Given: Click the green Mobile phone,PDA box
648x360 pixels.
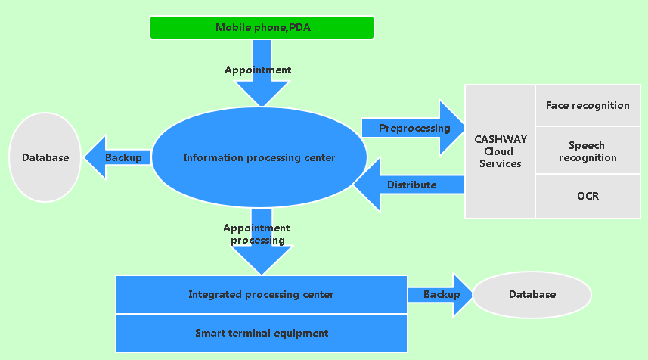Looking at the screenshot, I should pos(262,27).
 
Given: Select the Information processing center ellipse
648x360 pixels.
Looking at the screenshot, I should pos(259,158).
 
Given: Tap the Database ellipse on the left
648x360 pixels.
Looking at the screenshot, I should pos(45,157).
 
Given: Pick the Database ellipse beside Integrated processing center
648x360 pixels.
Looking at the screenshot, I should pos(532,294).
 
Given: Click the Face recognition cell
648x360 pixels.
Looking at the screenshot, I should pos(588,105).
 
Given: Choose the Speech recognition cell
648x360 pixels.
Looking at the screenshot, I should pos(588,151).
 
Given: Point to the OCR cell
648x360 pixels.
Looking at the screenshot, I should pos(588,196).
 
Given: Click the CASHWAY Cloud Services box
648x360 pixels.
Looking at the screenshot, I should pos(500,151).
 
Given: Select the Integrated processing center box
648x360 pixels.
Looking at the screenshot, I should pos(261,294).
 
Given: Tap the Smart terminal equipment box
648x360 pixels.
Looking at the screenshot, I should pos(261,333).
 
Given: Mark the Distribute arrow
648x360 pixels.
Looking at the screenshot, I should pos(408,185).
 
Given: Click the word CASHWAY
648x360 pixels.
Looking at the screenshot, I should pos(500,139).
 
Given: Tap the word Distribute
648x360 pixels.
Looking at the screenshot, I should pos(412,185).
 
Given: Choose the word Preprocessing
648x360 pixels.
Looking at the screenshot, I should pos(414,128).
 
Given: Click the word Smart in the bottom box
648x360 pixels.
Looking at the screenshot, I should pos(209,333).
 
